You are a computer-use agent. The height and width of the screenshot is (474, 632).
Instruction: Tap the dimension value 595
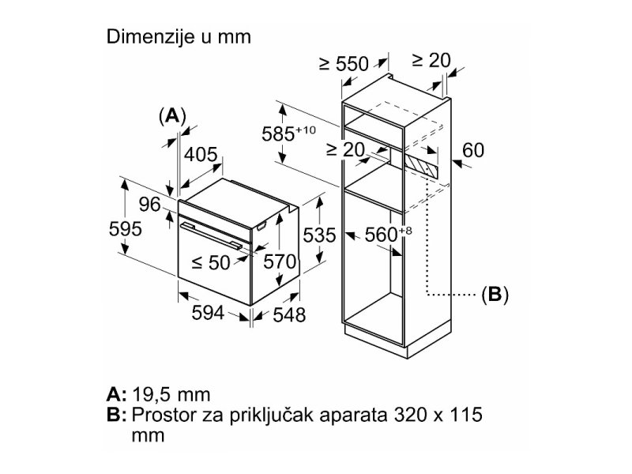coord(125,229)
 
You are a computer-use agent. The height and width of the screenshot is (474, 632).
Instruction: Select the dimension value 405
coord(201,154)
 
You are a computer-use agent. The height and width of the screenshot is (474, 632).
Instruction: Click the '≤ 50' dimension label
coord(210,262)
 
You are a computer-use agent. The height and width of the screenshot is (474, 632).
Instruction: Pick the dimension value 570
coord(279,261)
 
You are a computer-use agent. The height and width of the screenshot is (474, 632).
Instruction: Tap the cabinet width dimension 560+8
coord(389,234)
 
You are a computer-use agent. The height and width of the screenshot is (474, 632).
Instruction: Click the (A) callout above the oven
coord(171,115)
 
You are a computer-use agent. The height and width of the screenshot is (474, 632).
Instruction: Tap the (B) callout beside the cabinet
coord(495,295)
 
